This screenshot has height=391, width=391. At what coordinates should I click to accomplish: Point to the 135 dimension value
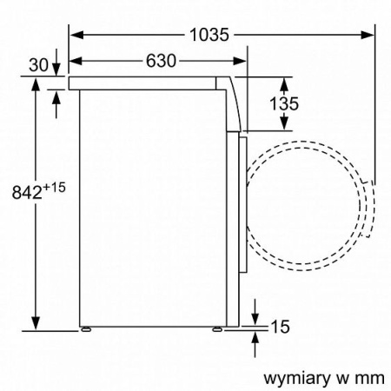tap(283, 103)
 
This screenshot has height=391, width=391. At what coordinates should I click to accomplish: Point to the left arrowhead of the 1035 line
tap(75, 35)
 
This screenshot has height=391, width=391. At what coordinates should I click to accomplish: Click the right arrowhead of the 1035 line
tap(371, 35)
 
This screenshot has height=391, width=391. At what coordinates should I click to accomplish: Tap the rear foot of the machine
tap(87, 330)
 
